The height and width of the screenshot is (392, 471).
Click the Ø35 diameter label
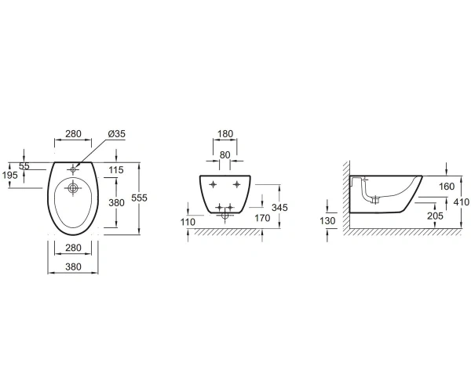coord(116,134)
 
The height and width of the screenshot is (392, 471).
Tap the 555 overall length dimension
coord(140,198)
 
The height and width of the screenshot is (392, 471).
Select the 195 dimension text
coord(9,175)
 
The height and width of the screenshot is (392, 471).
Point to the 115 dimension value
coord(116,170)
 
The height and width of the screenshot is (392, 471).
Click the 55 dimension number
coord(24,166)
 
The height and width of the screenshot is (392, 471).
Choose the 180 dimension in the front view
coord(225,134)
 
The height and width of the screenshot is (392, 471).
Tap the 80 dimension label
coord(225,155)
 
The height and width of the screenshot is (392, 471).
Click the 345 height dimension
coord(279,207)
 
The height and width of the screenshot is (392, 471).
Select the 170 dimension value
coord(262,218)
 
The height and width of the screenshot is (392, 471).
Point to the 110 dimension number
coord(188,222)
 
